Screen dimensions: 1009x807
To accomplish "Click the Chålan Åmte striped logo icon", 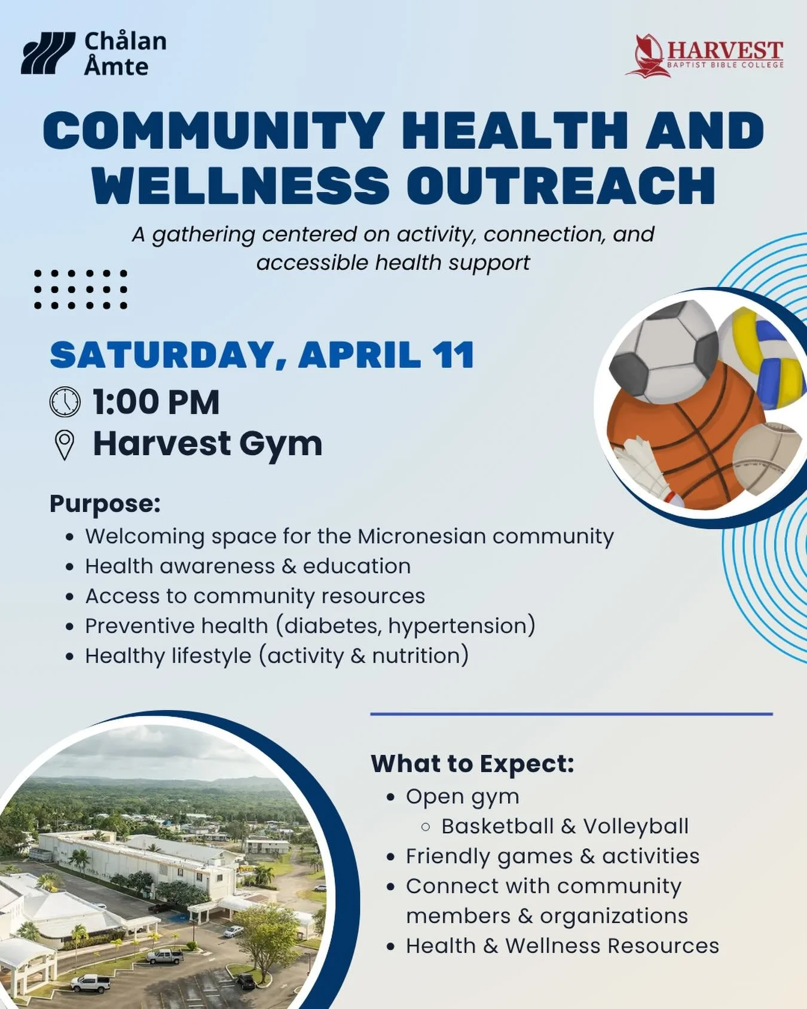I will coord(48,53).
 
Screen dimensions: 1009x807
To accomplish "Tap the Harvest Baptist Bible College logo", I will coord(705,56).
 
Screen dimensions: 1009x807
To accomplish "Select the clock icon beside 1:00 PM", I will coord(65,402).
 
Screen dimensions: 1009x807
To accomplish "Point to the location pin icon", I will coord(65,445).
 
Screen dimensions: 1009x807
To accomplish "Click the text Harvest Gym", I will coord(207,444).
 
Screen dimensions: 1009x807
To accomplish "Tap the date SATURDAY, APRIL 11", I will coord(262,355).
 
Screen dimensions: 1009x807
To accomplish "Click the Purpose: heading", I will coord(105,504).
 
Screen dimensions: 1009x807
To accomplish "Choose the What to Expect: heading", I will coord(472,764).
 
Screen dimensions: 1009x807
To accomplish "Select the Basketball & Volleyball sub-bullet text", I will coord(564,827).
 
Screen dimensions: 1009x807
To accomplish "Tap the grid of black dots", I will coord(81,289).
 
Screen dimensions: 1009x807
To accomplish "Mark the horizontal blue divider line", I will coord(571,714).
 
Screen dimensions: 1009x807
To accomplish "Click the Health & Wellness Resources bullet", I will coord(562,946).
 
